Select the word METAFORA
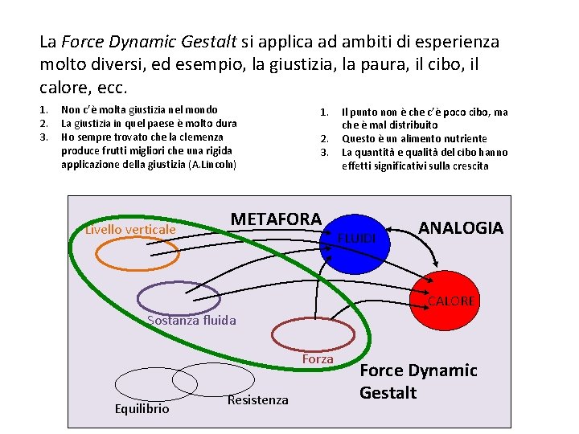coord(276,219)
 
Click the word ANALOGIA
coord(461,227)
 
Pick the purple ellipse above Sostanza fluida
coord(178,298)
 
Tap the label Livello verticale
coord(130,231)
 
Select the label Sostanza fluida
coord(191,321)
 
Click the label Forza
coord(318,359)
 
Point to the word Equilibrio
coord(142,408)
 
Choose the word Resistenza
coord(258,399)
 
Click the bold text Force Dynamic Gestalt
coord(417,381)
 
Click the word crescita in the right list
coord(467,166)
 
